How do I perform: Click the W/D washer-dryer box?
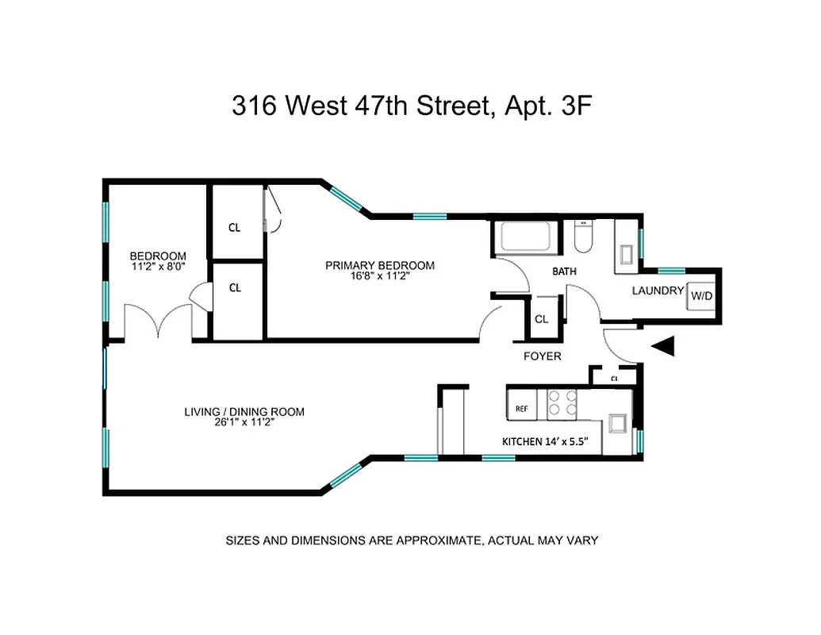[701, 296]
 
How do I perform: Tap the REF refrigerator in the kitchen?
[522, 408]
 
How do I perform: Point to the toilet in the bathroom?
[583, 237]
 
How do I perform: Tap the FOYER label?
[542, 356]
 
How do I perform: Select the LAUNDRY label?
[658, 291]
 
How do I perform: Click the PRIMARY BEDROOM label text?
[380, 265]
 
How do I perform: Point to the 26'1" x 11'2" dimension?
[244, 424]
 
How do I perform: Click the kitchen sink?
[616, 422]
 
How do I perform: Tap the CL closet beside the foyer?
[542, 319]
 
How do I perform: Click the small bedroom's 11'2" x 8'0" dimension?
[158, 267]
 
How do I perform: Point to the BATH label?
[564, 271]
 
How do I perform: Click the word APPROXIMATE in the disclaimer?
[426, 541]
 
